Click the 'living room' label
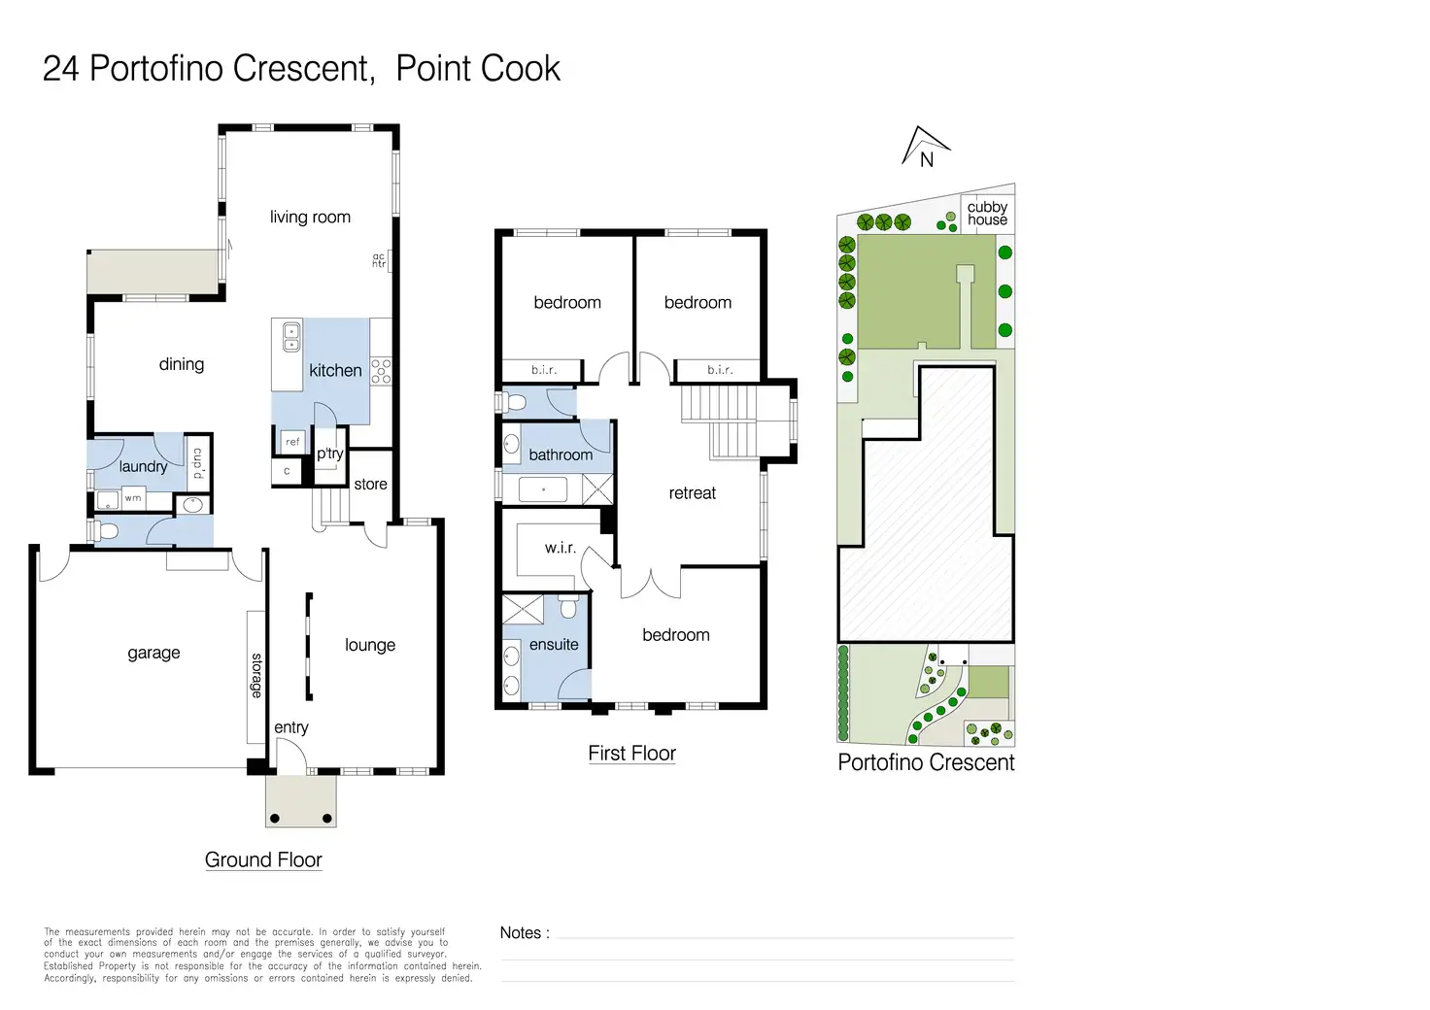[x=310, y=218]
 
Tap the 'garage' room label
[x=153, y=654]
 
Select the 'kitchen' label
[x=335, y=370]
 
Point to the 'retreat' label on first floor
[x=692, y=493]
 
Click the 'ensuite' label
[x=554, y=645]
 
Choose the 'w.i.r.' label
[x=560, y=548]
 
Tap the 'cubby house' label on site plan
[x=987, y=213]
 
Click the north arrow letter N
[x=927, y=159]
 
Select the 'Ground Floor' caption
[x=263, y=860]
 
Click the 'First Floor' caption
[x=631, y=754]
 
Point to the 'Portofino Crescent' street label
[x=926, y=762]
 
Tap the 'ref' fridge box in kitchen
[x=292, y=442]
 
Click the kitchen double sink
[x=291, y=338]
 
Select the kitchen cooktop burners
[x=381, y=371]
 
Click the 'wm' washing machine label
[x=133, y=498]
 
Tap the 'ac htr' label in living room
[x=379, y=260]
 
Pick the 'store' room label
[x=370, y=485]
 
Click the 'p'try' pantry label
[x=330, y=454]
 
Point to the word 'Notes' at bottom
[x=521, y=933]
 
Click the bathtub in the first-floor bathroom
[x=543, y=490]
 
